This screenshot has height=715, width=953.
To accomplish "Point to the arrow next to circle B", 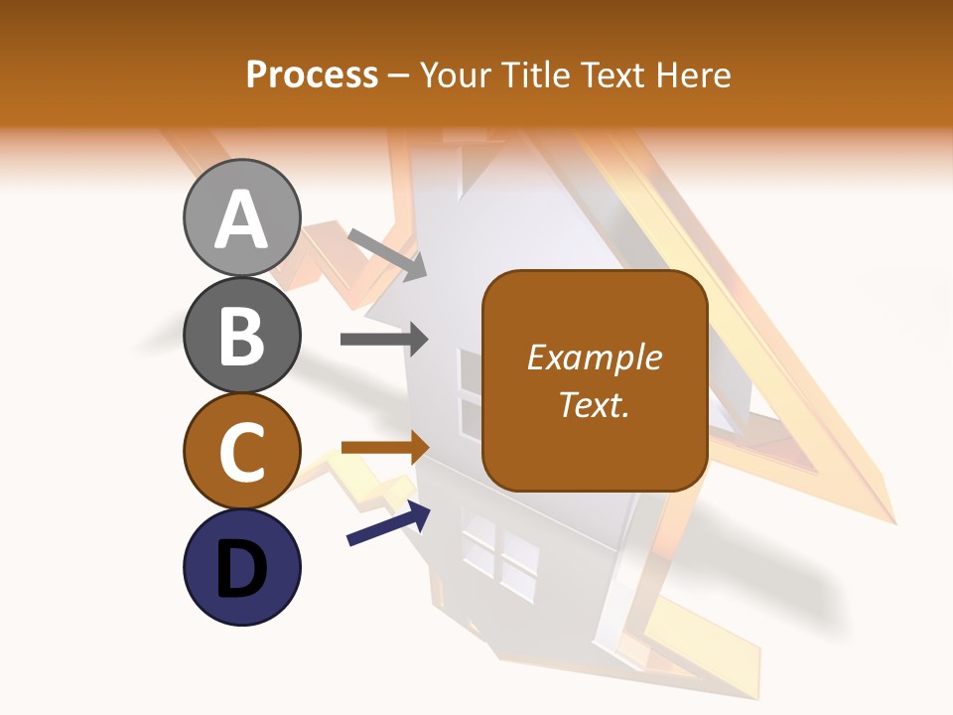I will click(384, 340).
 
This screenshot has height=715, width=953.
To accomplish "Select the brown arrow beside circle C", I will click(385, 448).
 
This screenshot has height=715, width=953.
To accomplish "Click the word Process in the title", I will click(312, 74).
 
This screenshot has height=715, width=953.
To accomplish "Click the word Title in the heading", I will click(534, 74).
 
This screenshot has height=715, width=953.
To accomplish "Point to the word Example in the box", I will click(594, 357).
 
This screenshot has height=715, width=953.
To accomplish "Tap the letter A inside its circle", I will click(242, 220).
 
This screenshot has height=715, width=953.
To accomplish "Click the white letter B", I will click(242, 337).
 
